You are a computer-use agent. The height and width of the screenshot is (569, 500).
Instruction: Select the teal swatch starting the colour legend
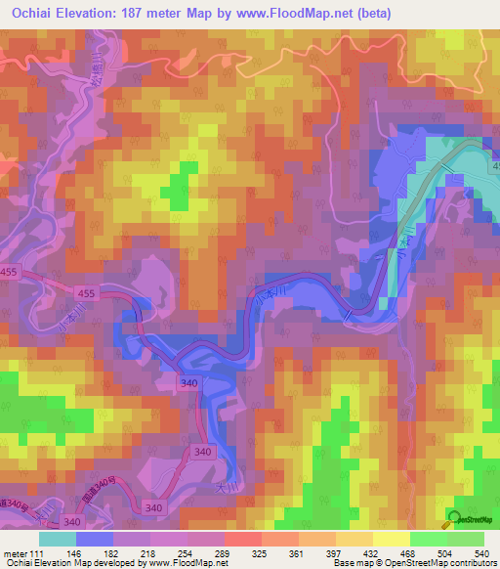coord(58,539)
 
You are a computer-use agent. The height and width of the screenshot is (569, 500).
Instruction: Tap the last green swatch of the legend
coord(466,539)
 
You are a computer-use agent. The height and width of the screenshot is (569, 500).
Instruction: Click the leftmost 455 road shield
coord(8,279)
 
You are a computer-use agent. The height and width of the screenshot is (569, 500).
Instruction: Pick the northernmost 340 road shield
coord(188,382)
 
